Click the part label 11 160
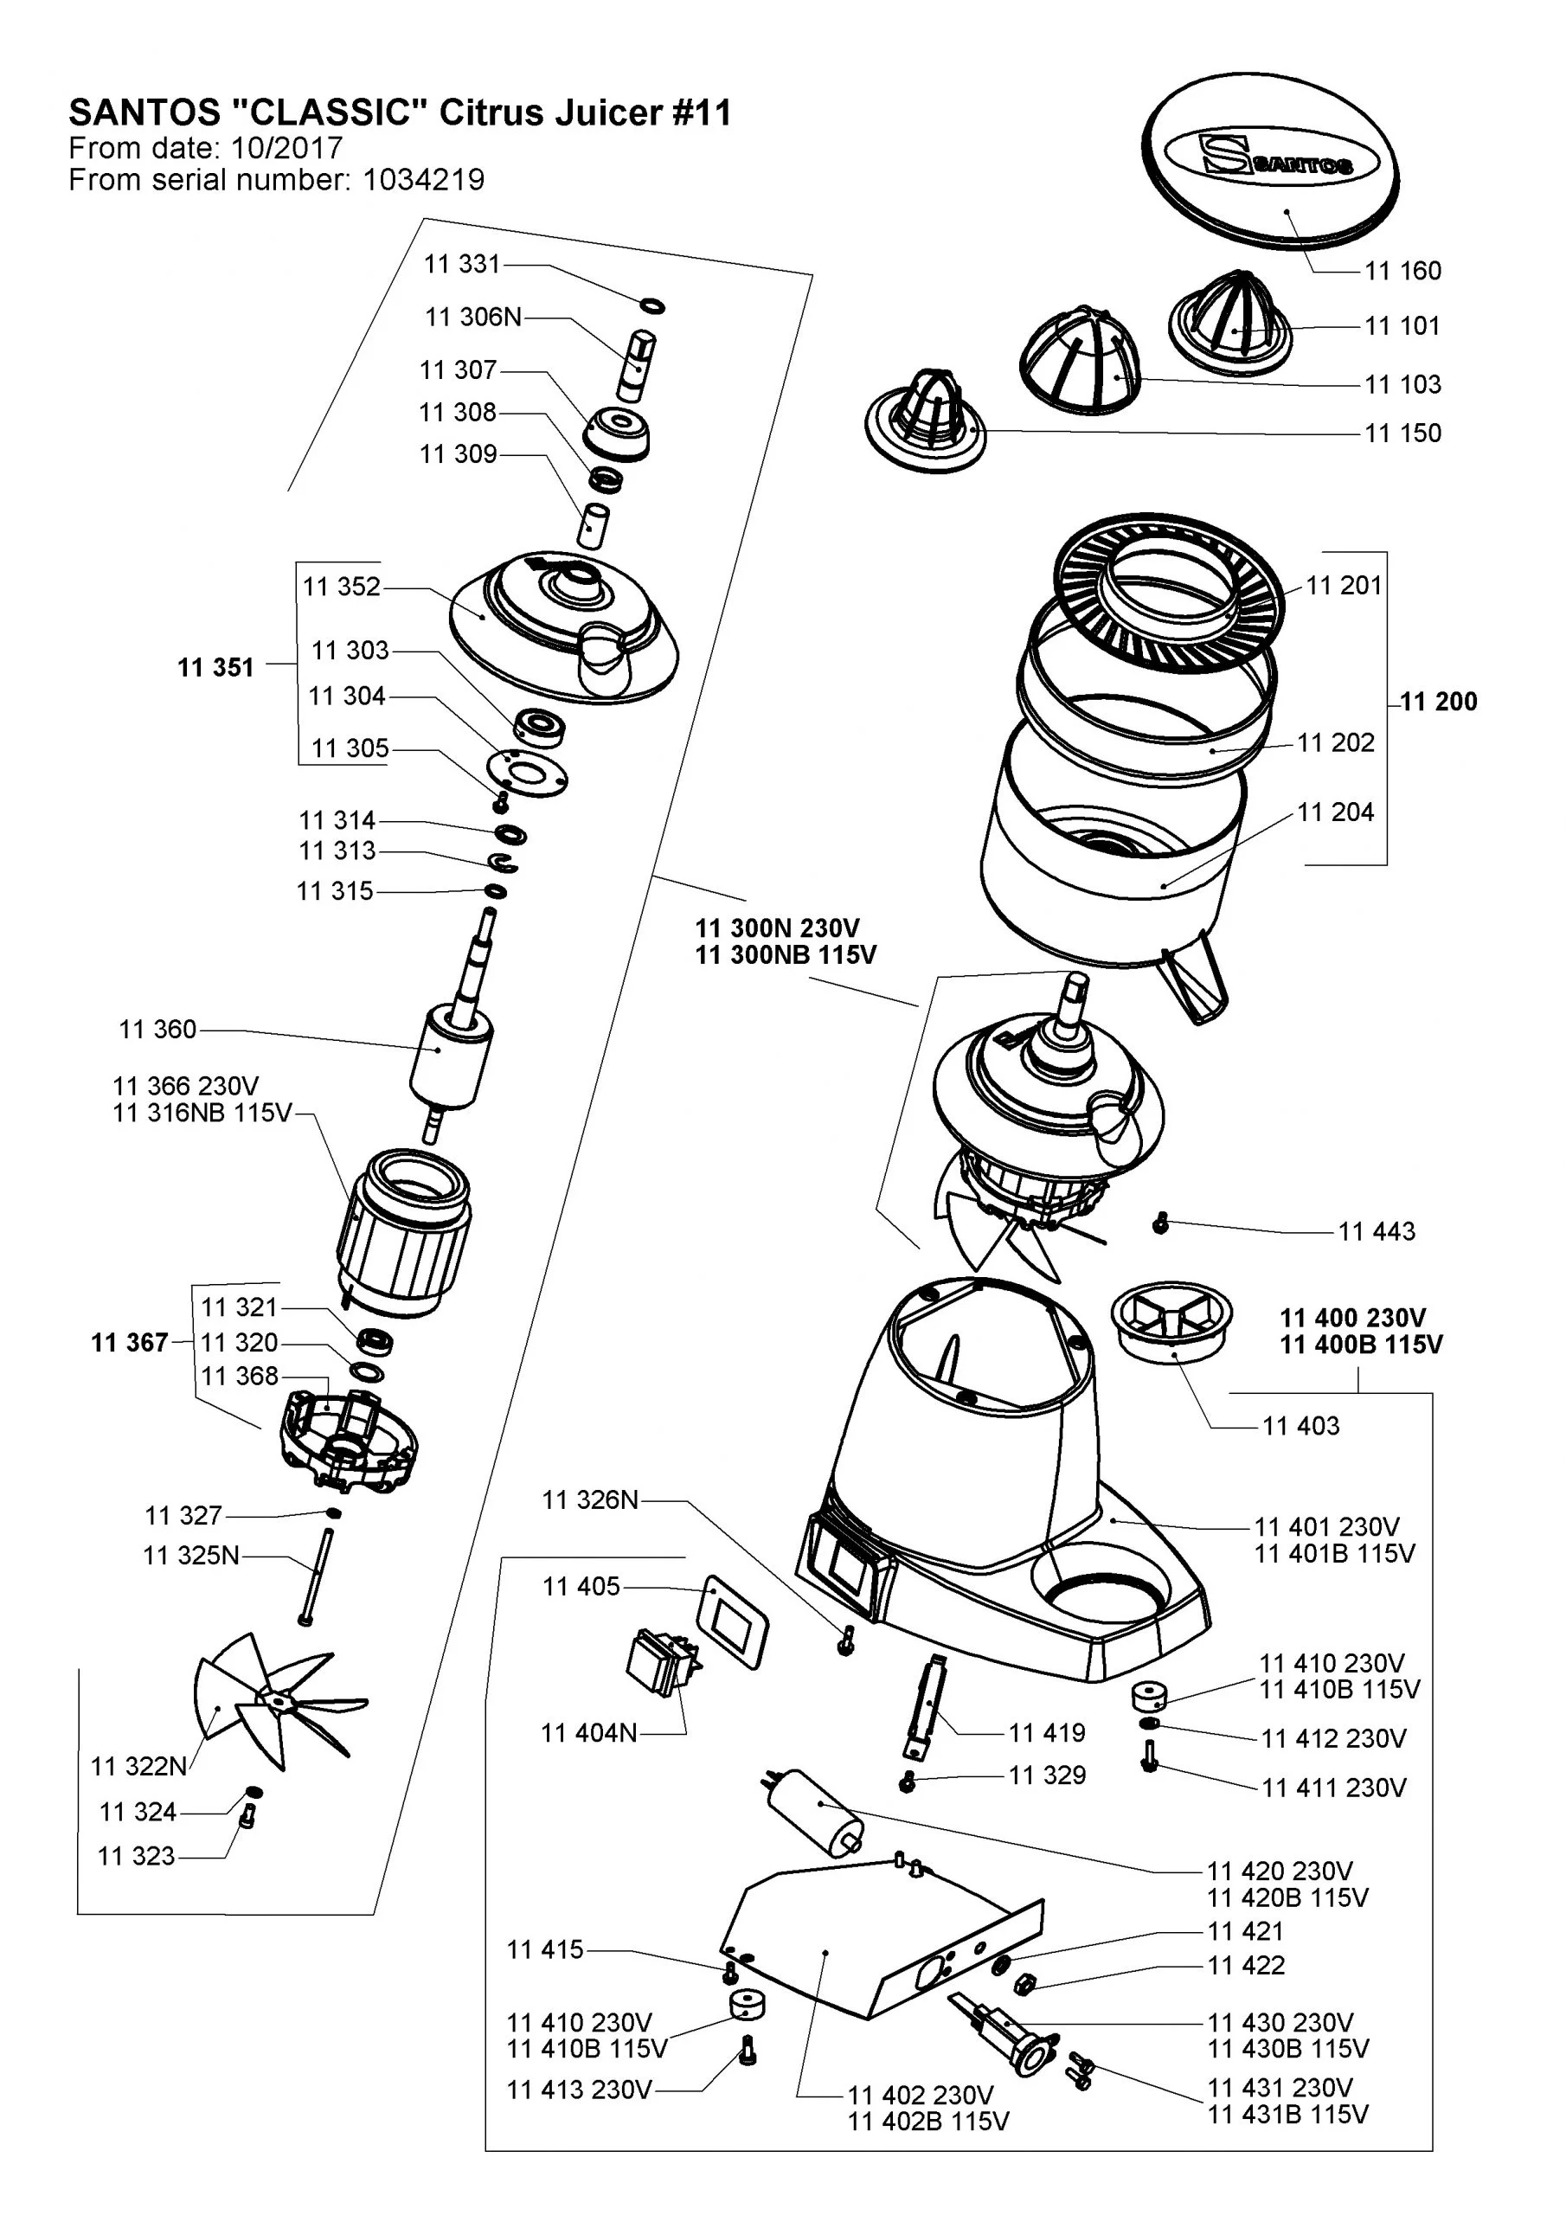1402,271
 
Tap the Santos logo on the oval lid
1274,158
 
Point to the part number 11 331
462,265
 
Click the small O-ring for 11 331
653,305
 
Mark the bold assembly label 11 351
215,668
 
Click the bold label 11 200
1438,702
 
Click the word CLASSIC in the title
329,114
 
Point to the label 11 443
1376,1231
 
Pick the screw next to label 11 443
1161,1223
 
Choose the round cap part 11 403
1171,1318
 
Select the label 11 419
1047,1733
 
